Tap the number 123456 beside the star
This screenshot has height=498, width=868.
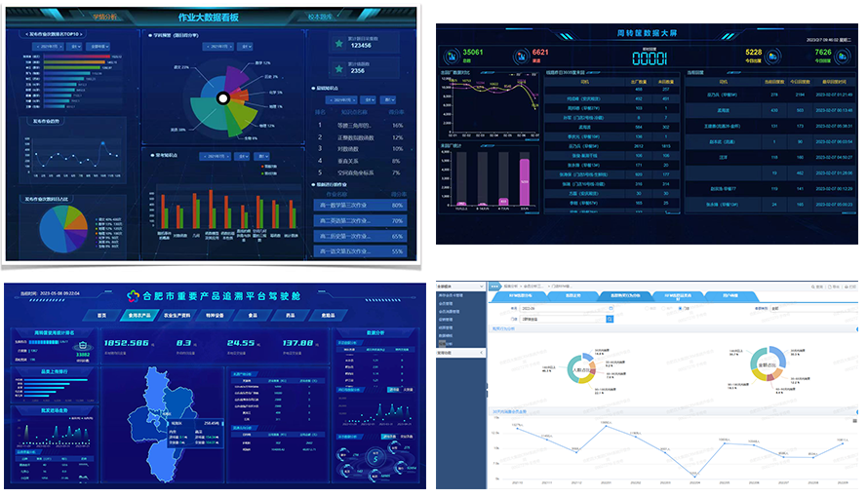(x=360, y=45)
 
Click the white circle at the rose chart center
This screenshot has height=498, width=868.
(x=222, y=98)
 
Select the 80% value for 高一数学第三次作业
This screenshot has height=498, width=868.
(x=397, y=205)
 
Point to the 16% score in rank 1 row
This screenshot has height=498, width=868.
(x=397, y=125)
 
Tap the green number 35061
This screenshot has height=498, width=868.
(x=472, y=52)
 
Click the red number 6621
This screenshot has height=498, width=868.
(x=540, y=52)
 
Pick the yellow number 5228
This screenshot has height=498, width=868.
(x=754, y=53)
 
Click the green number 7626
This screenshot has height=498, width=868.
(x=823, y=53)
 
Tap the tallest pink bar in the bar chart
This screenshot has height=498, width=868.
(x=524, y=181)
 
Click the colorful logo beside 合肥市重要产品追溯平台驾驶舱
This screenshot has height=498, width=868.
(x=135, y=294)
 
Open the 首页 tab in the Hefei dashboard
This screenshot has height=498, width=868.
(x=100, y=315)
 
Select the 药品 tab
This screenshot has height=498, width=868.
(x=292, y=315)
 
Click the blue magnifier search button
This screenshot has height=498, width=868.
(x=611, y=318)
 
